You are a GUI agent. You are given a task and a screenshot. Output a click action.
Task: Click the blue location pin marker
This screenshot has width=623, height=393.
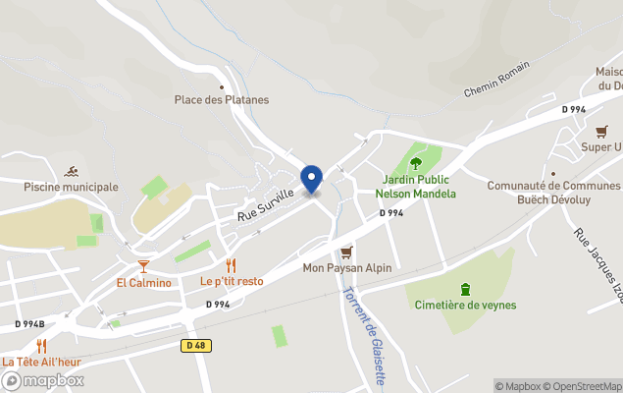[x=311, y=179]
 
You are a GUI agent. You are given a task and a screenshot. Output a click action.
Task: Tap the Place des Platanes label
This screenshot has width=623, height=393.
[x=222, y=99]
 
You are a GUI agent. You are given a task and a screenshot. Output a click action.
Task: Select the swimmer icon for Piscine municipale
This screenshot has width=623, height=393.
[x=71, y=172]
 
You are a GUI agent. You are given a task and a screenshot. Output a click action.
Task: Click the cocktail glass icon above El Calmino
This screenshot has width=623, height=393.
[x=143, y=266]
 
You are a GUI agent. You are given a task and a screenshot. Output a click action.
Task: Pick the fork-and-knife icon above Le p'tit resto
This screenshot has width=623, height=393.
[x=232, y=265]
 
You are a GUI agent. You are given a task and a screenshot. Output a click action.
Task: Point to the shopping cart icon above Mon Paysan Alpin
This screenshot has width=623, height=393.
[x=345, y=253]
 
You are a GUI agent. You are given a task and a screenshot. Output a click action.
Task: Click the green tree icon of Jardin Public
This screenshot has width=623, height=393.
[x=415, y=163]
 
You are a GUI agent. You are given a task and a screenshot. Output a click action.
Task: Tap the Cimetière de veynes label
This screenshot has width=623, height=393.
[x=465, y=305]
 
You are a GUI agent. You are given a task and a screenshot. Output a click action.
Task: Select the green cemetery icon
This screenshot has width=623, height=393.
[x=465, y=288]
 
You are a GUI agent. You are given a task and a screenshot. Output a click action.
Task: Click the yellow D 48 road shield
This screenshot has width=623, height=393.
[x=196, y=345]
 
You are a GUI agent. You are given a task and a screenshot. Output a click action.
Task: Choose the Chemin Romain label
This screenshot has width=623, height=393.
[x=496, y=80]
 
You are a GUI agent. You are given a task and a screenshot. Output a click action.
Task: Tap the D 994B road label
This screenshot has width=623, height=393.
[x=29, y=323]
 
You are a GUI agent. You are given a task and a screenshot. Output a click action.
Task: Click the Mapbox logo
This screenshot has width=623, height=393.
[x=43, y=379]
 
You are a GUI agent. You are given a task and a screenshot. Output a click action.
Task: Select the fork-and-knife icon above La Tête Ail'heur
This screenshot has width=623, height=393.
[x=41, y=345]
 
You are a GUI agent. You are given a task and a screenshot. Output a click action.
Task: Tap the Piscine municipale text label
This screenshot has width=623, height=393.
[x=71, y=187]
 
